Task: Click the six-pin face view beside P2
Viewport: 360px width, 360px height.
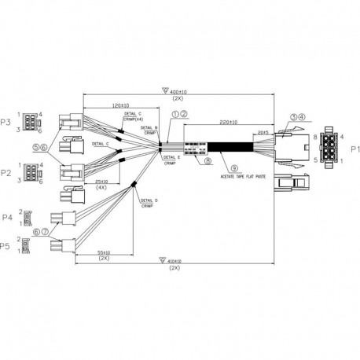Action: click(x=30, y=173)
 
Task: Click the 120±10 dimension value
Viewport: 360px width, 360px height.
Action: click(x=121, y=105)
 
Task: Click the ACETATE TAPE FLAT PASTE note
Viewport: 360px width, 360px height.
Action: click(x=243, y=177)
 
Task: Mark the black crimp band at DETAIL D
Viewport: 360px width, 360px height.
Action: click(x=134, y=186)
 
